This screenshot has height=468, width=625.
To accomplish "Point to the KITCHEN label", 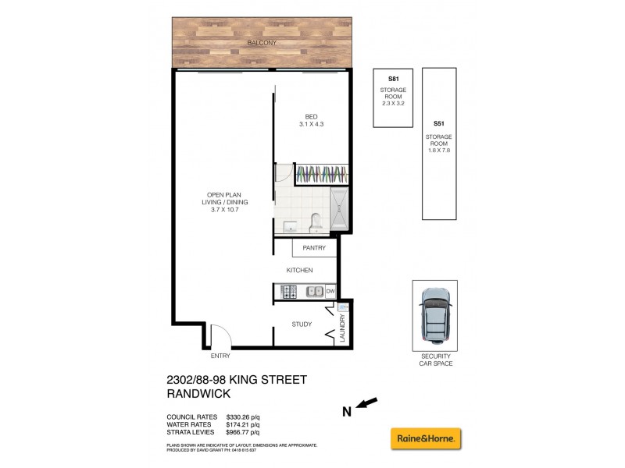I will (x=299, y=270).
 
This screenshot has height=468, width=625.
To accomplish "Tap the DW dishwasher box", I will (x=330, y=292).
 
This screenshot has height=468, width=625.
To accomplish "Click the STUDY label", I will (x=302, y=324).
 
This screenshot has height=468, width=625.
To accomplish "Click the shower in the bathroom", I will (x=340, y=211).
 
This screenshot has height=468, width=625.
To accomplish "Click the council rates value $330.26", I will (x=242, y=417).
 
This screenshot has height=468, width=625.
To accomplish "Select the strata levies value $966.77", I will (x=242, y=431).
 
